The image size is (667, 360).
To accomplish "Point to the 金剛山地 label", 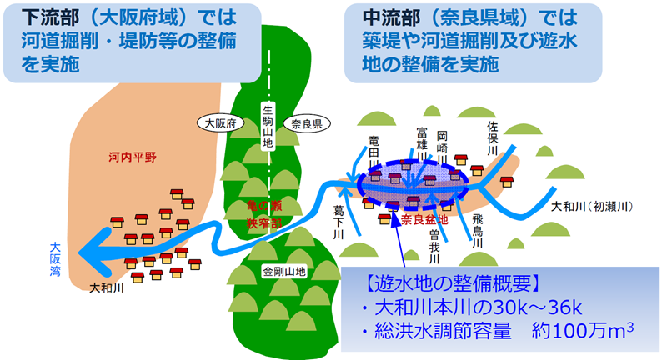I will point(284,272).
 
